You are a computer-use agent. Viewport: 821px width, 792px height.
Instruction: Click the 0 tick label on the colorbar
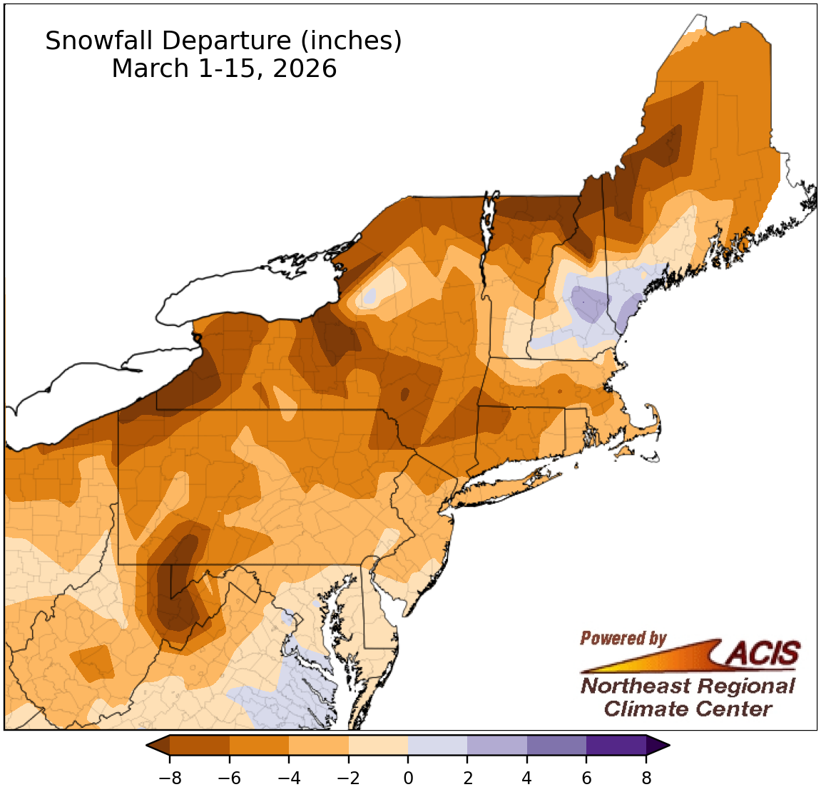click(408, 778)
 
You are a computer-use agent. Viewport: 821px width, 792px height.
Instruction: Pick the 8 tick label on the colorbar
click(646, 778)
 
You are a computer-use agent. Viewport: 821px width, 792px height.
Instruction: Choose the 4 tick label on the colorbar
click(527, 778)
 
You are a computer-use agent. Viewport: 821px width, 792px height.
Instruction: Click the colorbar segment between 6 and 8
click(616, 746)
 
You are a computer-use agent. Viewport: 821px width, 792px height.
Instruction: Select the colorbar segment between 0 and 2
click(437, 746)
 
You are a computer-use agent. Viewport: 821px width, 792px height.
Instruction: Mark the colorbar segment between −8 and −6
click(200, 746)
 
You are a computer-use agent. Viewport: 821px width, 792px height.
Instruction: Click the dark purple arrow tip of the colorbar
click(657, 746)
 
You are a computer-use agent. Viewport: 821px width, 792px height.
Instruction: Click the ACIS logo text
click(763, 653)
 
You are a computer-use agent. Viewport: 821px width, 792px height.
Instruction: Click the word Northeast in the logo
click(633, 686)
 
